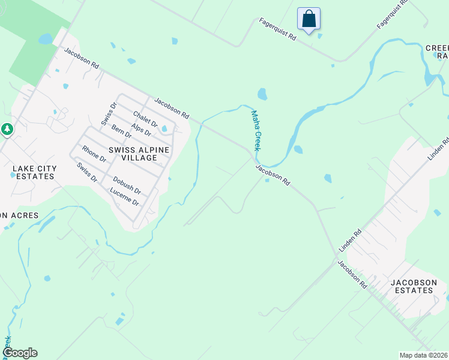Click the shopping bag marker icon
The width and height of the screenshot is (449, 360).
[x=309, y=19]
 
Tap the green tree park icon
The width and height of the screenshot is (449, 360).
[x=7, y=128]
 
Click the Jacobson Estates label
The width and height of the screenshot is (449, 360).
[x=411, y=286]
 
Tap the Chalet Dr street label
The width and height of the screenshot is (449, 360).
[x=145, y=119]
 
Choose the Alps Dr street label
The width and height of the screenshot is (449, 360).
[x=142, y=129]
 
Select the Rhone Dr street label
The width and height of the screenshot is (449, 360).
[x=94, y=155]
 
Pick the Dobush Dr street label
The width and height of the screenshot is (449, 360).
[x=127, y=185]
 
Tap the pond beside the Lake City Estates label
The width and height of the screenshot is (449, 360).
[x=13, y=175]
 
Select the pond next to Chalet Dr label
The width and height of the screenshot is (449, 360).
[x=164, y=128]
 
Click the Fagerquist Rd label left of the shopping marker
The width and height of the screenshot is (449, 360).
[x=278, y=28]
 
